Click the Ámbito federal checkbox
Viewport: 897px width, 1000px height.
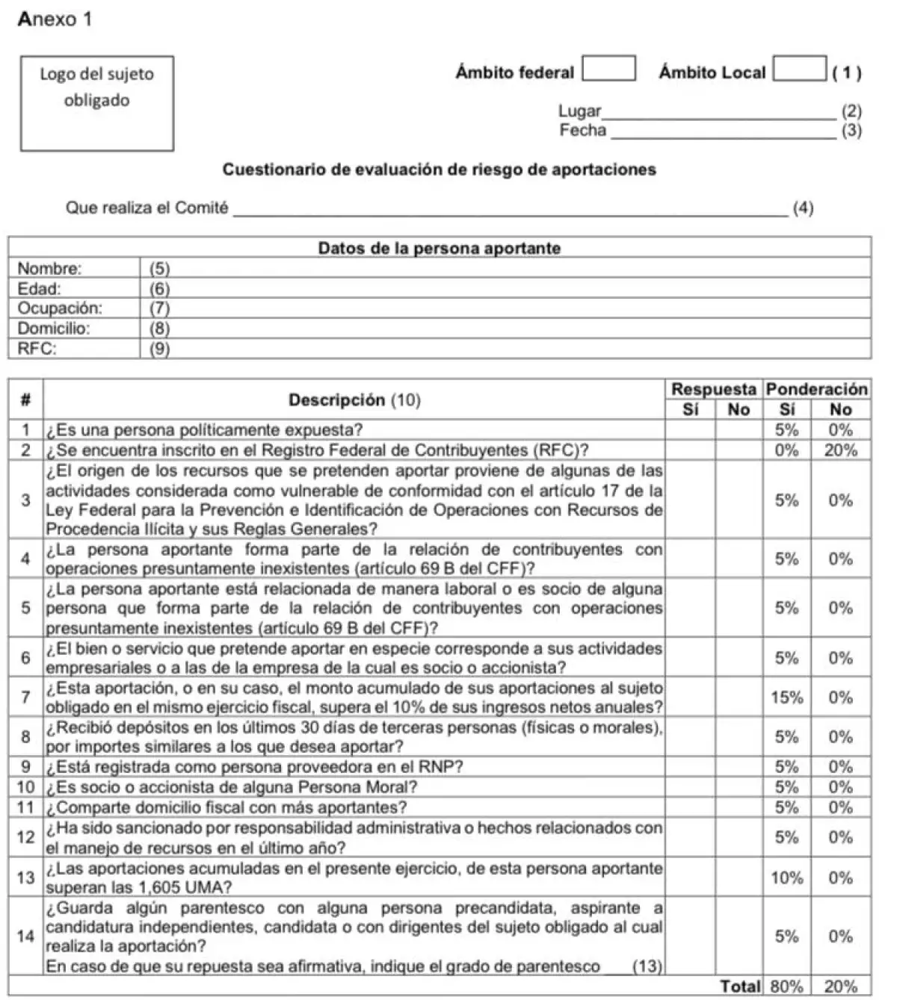point(608,69)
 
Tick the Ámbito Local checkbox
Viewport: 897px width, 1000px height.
point(799,69)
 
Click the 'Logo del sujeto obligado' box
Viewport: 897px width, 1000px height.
point(97,103)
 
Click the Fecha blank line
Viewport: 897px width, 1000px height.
point(722,131)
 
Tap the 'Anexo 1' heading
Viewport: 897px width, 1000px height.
point(55,19)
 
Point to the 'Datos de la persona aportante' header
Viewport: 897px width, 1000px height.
point(440,248)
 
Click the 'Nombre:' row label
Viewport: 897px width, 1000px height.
point(50,268)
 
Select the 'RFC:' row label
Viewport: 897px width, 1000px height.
point(37,348)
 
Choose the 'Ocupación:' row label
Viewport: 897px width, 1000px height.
point(60,308)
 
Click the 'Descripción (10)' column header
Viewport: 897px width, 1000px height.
point(354,400)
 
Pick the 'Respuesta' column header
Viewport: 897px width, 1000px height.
point(713,389)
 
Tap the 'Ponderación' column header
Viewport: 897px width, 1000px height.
point(816,389)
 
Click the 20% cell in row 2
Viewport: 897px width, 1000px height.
point(840,450)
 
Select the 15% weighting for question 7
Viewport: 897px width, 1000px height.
point(786,698)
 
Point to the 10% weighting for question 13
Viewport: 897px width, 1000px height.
point(786,878)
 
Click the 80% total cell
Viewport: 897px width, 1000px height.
point(786,987)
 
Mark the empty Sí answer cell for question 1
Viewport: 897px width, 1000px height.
point(690,430)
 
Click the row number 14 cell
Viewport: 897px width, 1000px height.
point(25,937)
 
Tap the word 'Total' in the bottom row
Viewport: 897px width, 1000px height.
point(740,987)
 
